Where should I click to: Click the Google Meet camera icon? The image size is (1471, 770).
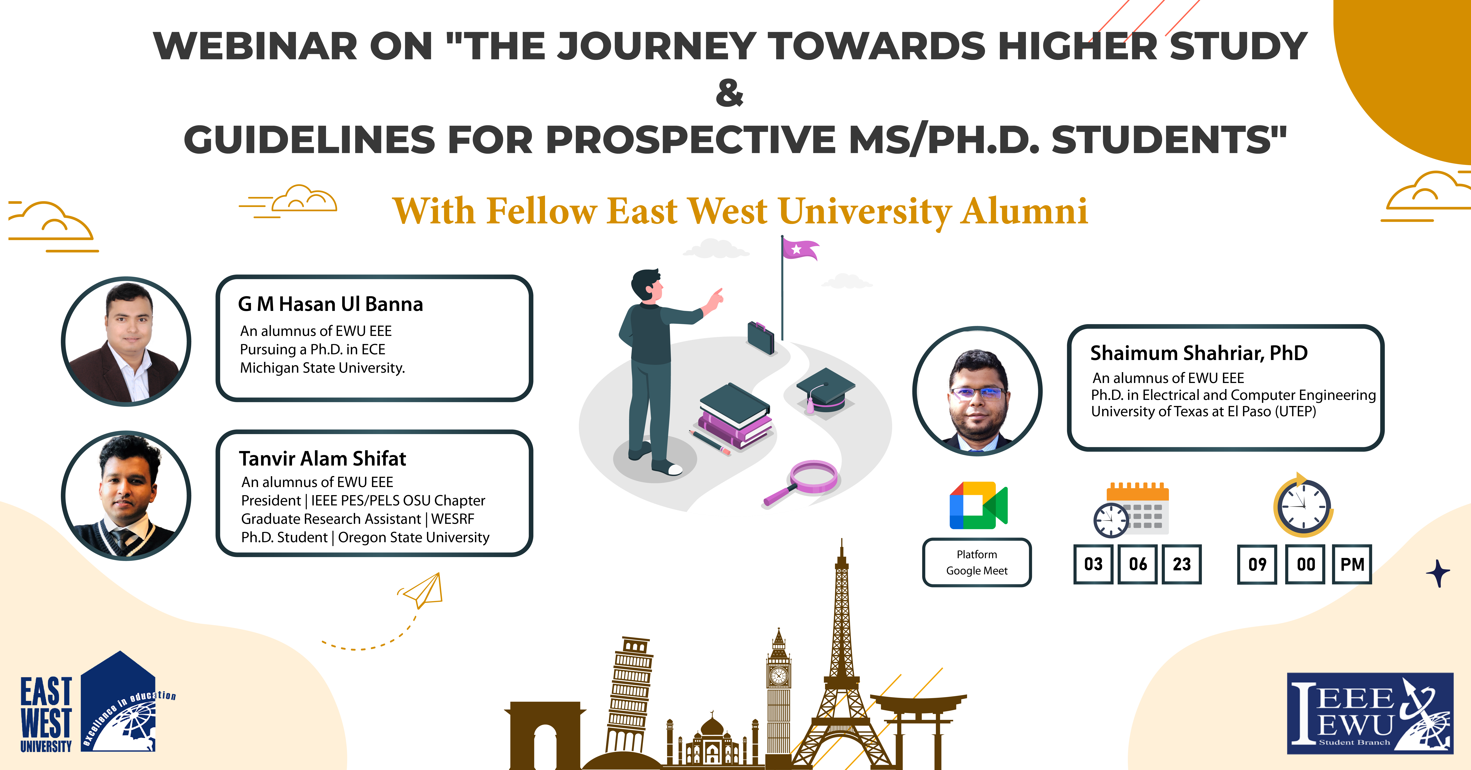pyautogui.click(x=978, y=505)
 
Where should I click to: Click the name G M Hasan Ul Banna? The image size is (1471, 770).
pyautogui.click(x=330, y=304)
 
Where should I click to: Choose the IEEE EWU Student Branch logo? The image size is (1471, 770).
pyautogui.click(x=1370, y=714)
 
